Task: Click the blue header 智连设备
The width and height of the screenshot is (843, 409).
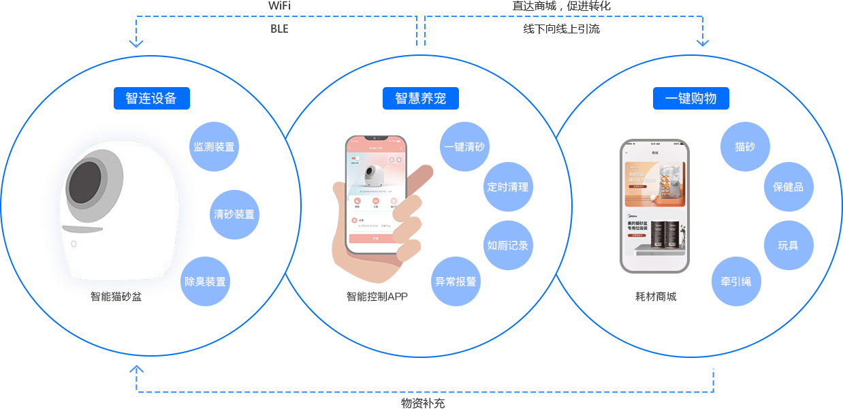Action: pos(151,99)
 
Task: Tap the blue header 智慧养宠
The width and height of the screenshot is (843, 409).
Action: pos(420,99)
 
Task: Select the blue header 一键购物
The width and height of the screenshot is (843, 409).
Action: pos(690,99)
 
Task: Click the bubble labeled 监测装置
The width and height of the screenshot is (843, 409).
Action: pos(214,146)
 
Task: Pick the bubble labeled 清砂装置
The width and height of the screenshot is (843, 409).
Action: pos(234,214)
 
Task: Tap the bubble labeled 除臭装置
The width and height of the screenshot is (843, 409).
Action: pos(205,281)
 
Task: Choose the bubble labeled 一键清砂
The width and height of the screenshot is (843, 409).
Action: pos(464,146)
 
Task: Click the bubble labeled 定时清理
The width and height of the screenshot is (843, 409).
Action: pos(507,186)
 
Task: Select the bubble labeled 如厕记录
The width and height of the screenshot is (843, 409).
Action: pos(507,245)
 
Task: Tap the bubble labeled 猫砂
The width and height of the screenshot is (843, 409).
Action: pos(745,146)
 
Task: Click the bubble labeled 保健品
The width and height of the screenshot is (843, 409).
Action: pos(788,186)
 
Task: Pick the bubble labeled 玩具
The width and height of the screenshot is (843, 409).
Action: pos(788,245)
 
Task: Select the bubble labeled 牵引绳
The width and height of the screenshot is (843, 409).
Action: pos(736,281)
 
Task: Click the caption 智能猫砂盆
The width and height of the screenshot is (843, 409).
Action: pos(116,297)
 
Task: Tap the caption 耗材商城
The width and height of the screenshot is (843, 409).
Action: pos(656,297)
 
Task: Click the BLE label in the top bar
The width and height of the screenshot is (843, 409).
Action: pos(279,29)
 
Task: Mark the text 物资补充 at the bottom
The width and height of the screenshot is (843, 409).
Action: pos(423,403)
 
